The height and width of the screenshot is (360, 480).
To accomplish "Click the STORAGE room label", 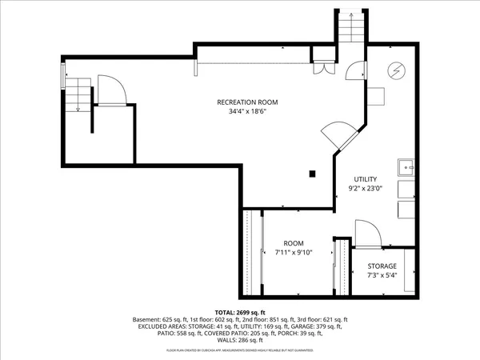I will [x=382, y=266].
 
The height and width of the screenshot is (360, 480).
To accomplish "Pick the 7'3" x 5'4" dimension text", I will [x=382, y=275].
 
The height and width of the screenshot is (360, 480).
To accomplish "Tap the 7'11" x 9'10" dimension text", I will [x=292, y=253].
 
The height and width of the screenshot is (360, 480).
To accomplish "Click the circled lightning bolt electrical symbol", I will [x=395, y=70].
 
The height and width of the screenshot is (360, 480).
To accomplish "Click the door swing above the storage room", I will [x=366, y=234].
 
